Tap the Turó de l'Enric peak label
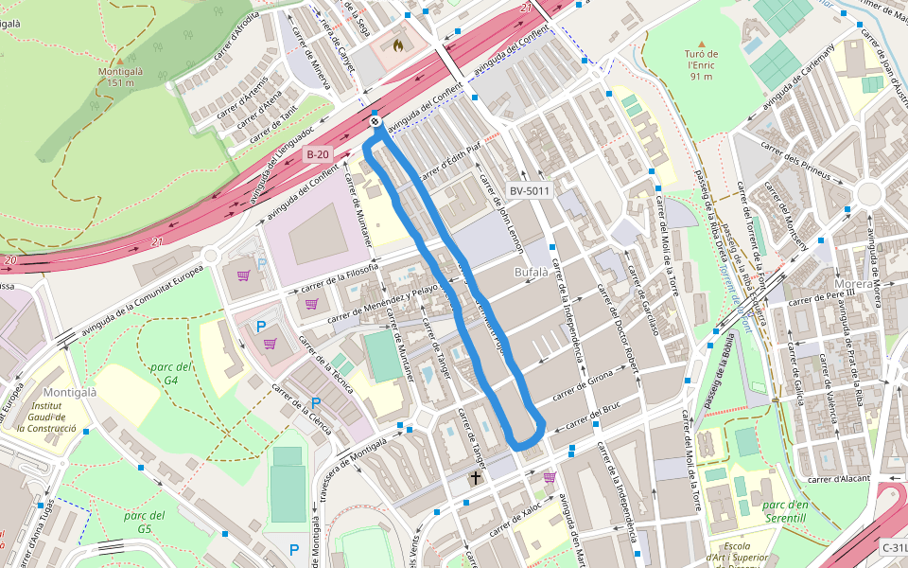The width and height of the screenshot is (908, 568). coord(701,65)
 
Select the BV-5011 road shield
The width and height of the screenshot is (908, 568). coord(530,190)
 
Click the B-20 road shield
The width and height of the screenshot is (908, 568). coord(318,153)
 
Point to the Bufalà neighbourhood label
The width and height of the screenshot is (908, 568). coord(531,273)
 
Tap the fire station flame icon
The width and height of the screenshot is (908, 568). coord(397,44)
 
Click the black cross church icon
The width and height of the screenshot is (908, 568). coord(475,479)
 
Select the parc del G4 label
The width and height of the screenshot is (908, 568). coord(171,373)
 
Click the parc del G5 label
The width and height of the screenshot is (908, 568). coord(144,522)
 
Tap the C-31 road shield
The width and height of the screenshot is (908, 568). coord(894,547)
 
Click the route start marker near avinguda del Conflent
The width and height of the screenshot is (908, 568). coord(375,120)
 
